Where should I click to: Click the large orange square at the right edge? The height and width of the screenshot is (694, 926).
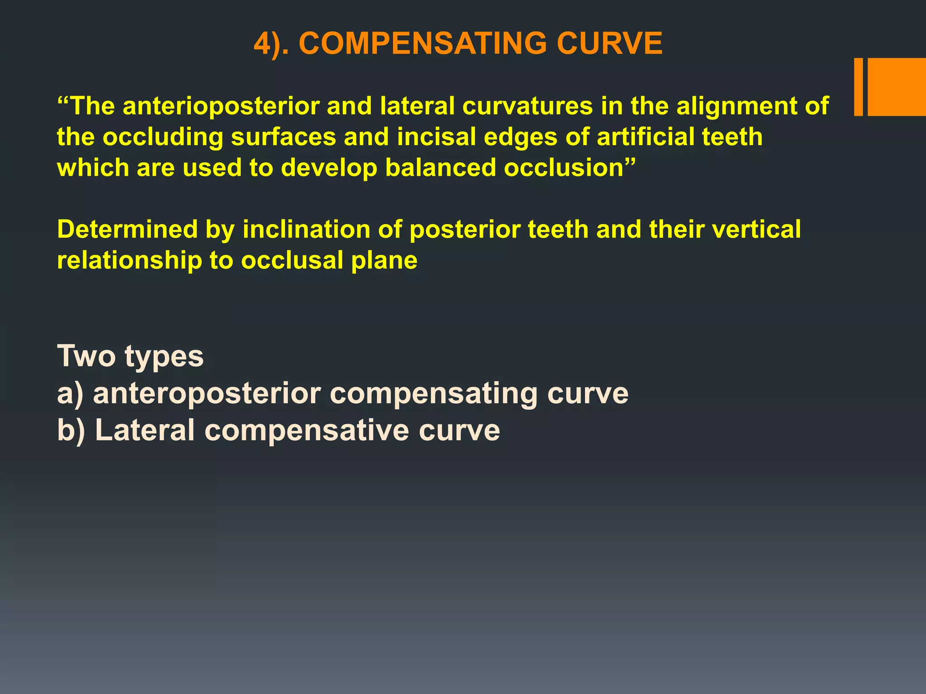(x=897, y=87)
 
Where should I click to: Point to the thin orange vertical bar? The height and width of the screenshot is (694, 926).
(x=858, y=87)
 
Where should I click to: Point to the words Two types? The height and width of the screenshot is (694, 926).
(x=130, y=357)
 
